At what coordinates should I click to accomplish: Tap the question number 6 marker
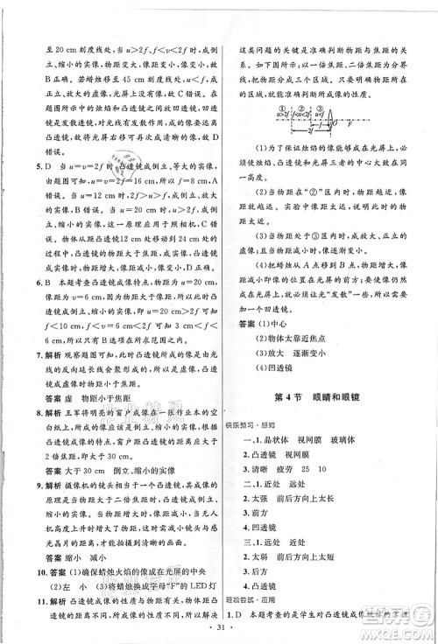[26, 283]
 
